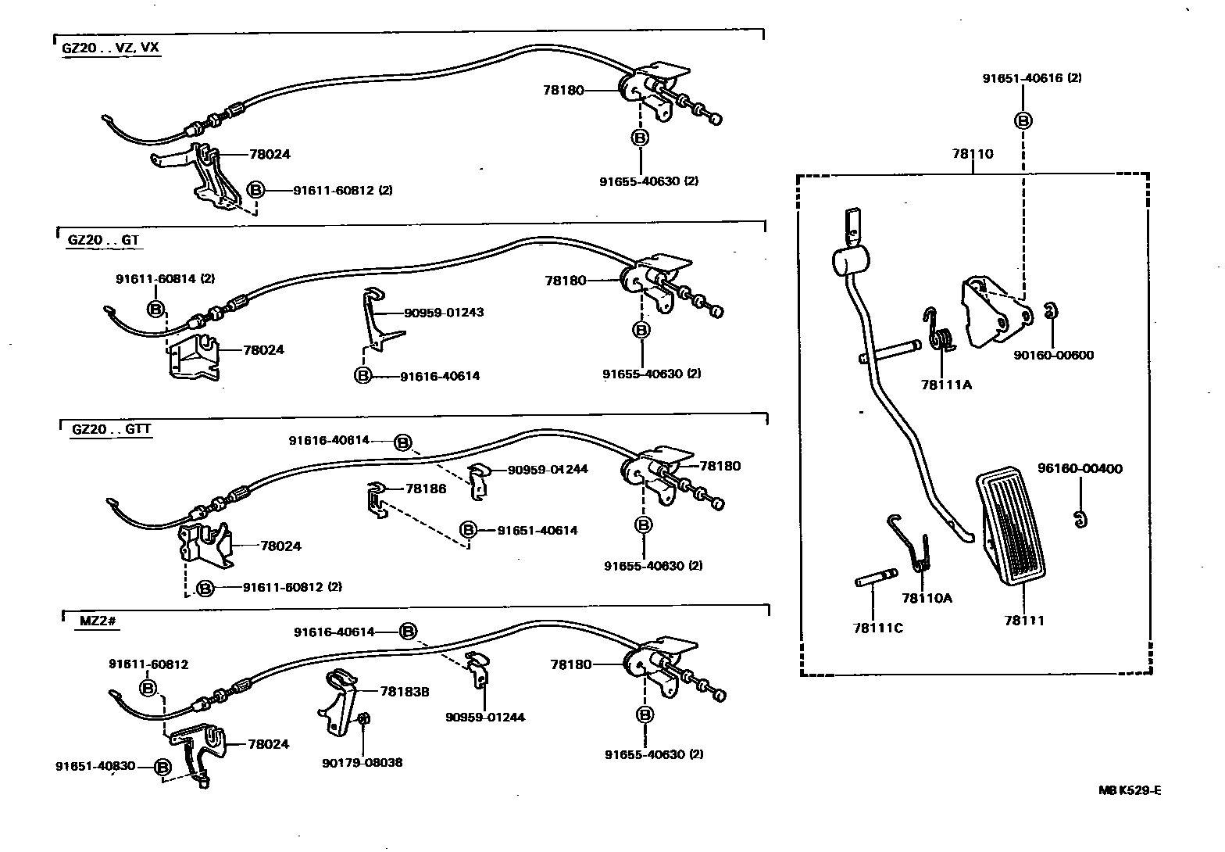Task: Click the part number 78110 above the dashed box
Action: point(973,154)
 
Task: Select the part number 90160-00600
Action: point(1053,356)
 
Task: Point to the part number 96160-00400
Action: point(1080,469)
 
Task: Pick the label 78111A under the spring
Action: point(945,385)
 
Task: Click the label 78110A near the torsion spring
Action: point(927,598)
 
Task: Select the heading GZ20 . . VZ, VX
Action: point(110,48)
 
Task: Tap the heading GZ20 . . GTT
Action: point(112,429)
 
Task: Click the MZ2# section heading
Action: point(98,621)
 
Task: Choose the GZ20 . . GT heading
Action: point(102,240)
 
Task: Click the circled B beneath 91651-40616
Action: point(1023,121)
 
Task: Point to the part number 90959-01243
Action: point(444,313)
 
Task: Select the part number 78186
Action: point(426,489)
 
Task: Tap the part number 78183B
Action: point(404,692)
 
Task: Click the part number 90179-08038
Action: point(362,762)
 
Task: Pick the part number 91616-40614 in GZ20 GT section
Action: point(440,376)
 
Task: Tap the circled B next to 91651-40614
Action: point(467,530)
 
